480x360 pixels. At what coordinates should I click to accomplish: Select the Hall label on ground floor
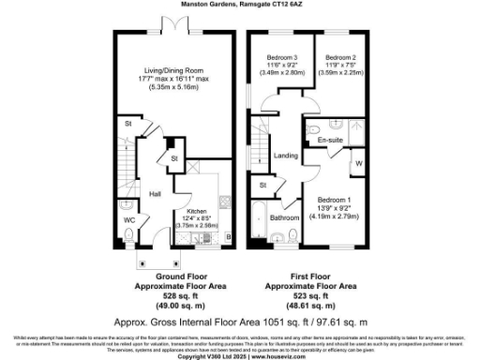[156, 192]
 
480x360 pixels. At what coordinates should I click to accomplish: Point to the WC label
[129, 221]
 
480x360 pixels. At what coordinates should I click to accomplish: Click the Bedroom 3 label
[281, 57]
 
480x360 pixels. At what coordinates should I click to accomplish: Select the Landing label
[285, 156]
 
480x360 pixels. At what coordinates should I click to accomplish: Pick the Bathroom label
[284, 217]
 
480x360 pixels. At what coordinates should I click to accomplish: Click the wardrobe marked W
[358, 165]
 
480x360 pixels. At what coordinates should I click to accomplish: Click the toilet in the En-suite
[315, 128]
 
